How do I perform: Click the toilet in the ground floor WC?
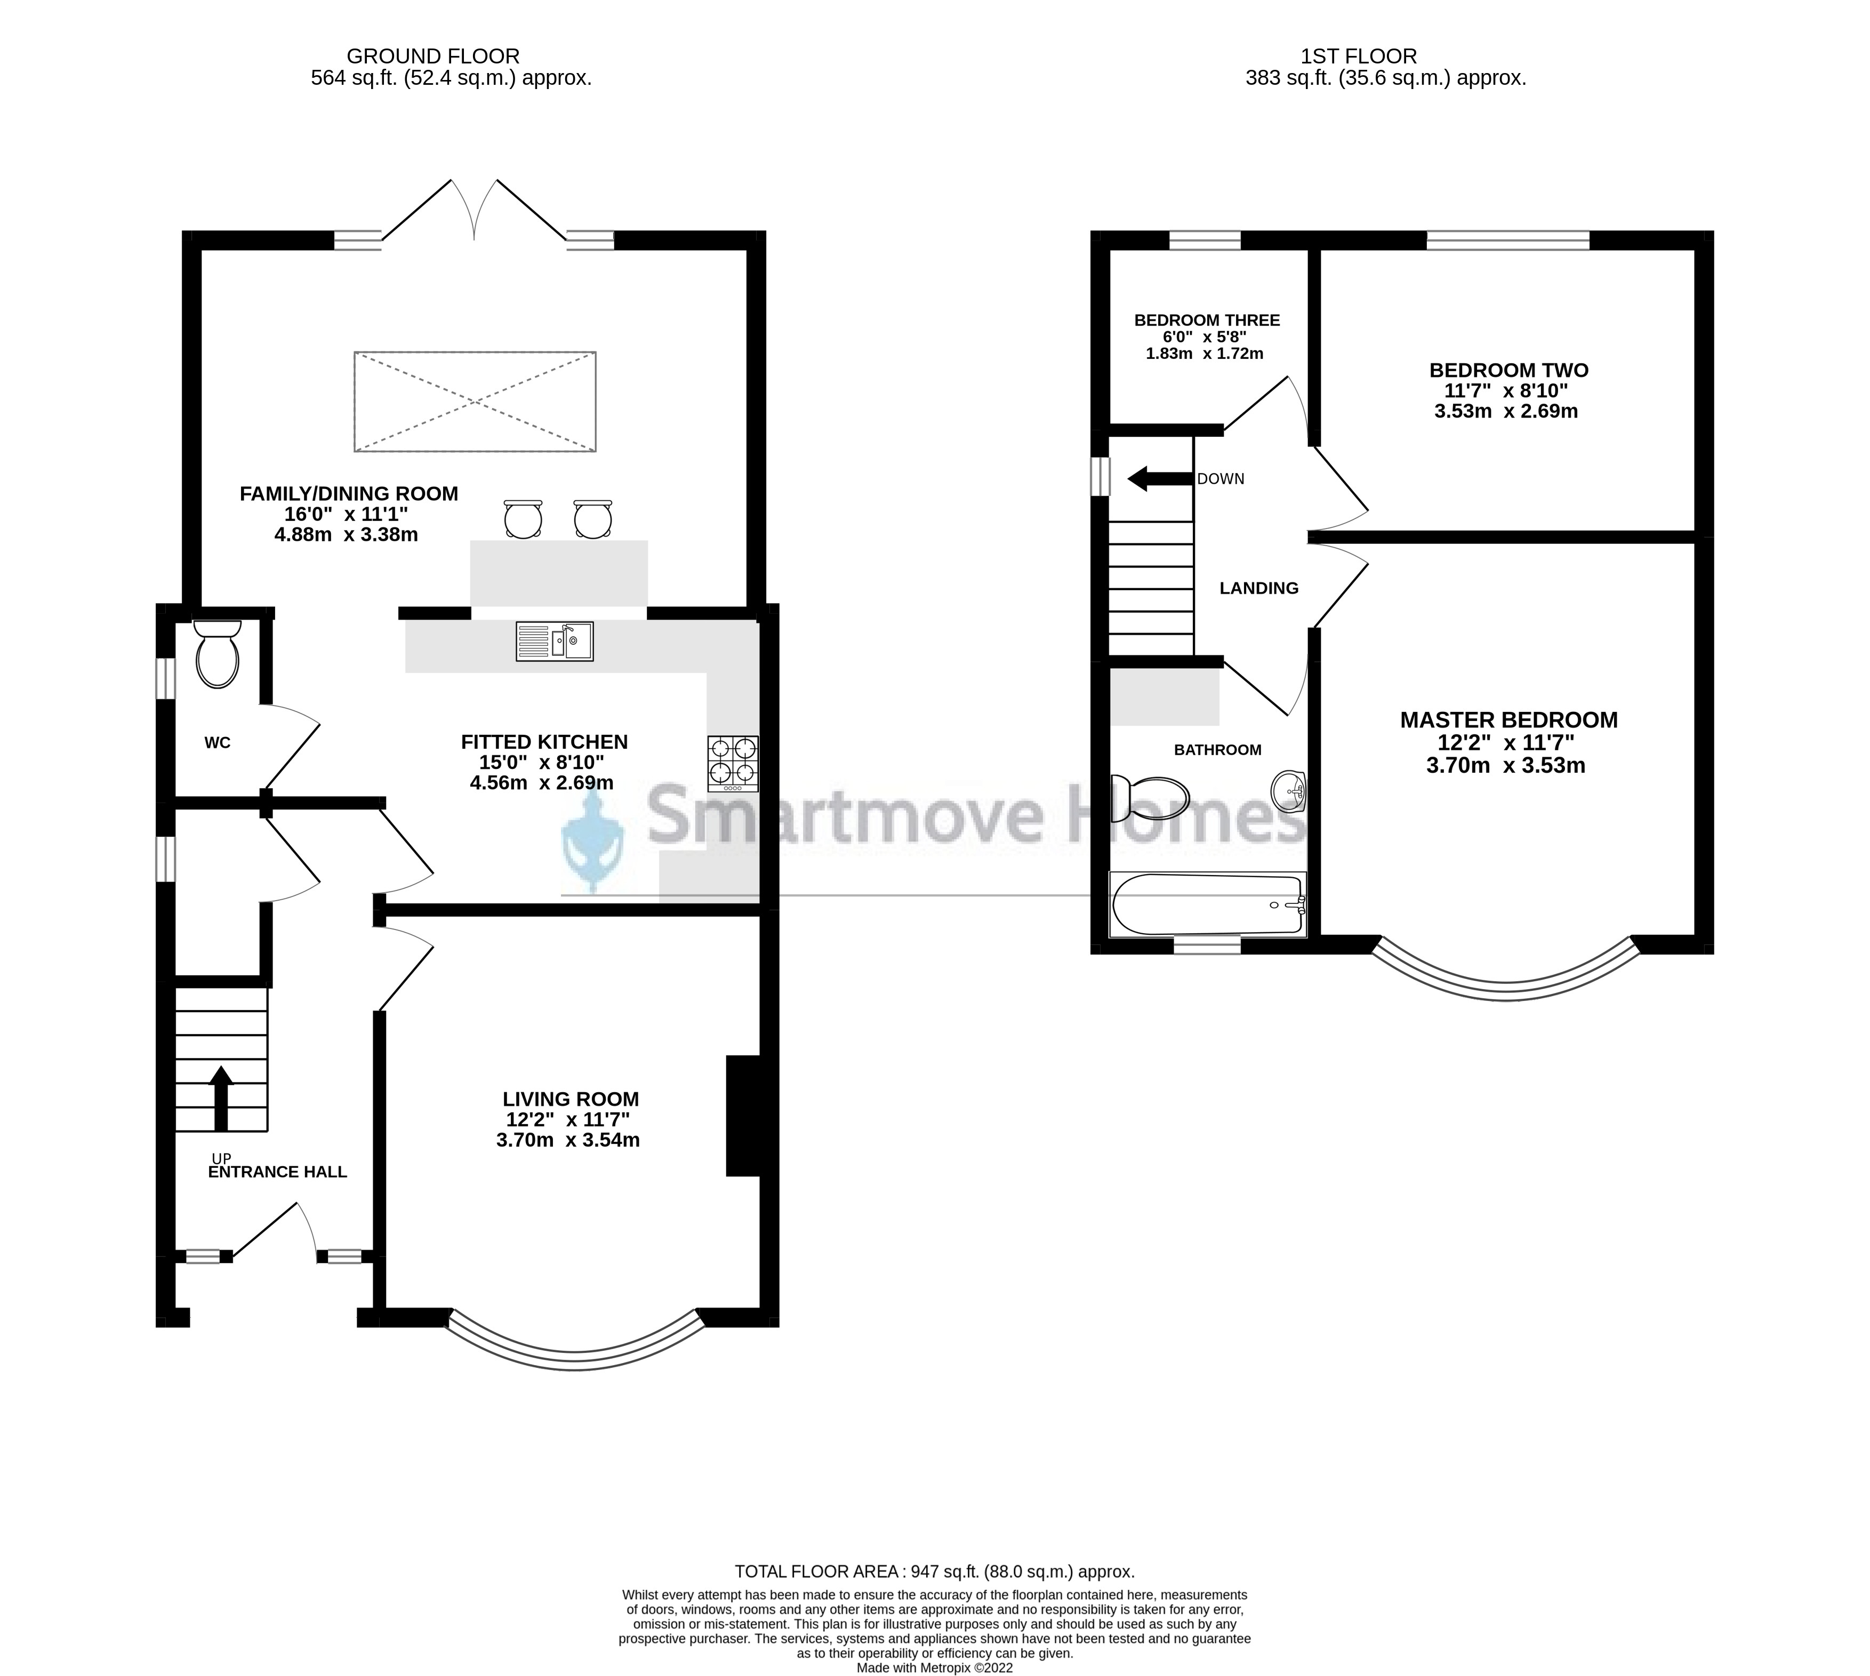point(218,656)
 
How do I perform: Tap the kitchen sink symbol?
point(554,642)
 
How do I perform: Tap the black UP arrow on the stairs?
point(221,1097)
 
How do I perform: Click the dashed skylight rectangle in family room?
point(475,402)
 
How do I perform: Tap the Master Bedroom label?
point(1508,720)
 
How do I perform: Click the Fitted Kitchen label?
point(544,741)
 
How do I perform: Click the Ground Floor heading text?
point(433,56)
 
